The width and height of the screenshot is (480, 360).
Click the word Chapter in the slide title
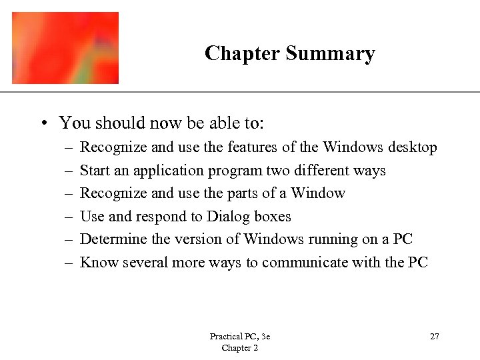[242, 53]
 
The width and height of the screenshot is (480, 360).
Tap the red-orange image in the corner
[65, 47]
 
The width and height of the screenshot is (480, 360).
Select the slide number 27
[434, 336]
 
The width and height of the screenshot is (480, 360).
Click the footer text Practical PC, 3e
[239, 337]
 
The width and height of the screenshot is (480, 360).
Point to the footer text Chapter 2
[239, 348]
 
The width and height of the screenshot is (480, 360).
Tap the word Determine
[110, 239]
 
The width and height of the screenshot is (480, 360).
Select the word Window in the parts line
[317, 193]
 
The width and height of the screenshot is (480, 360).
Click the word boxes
[273, 217]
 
